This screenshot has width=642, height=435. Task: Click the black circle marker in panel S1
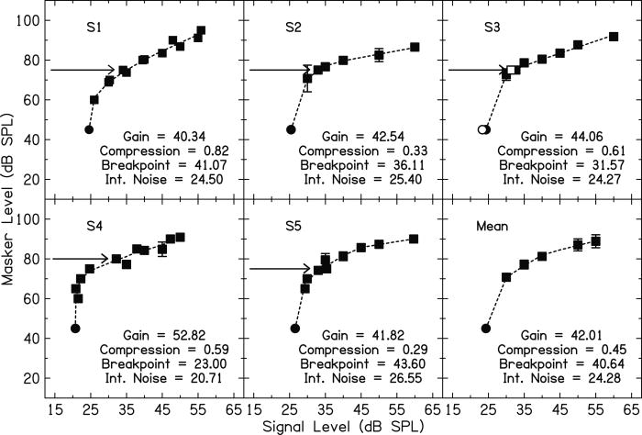[89, 129]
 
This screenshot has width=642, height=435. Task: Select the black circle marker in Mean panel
[486, 328]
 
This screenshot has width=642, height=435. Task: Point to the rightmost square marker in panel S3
[614, 37]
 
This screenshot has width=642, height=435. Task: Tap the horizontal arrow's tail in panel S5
[250, 269]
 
